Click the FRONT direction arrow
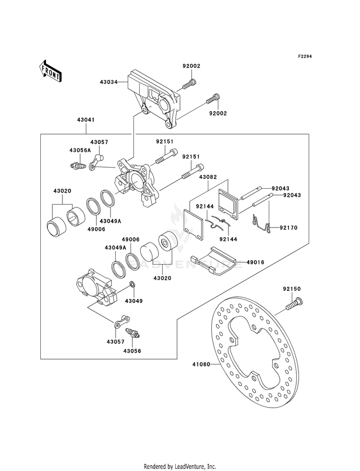point(50,71)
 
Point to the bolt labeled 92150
point(294,304)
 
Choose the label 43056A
point(80,150)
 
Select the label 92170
point(288,228)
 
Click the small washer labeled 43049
point(132,284)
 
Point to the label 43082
point(208,177)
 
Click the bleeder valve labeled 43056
point(132,333)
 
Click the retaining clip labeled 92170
point(261,223)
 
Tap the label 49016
point(255,262)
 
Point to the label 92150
point(291,289)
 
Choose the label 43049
point(134,301)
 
